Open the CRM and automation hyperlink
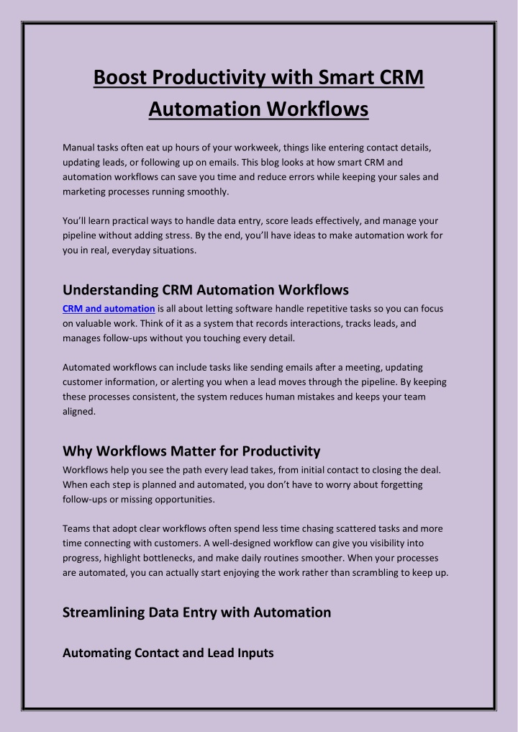pos(109,309)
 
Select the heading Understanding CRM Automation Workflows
pos(206,289)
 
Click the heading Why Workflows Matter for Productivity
pos(191,451)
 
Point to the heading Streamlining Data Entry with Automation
pos(197,613)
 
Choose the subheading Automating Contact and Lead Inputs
pos(168,653)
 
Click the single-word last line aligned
pos(78,412)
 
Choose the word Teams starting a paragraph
pos(77,528)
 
